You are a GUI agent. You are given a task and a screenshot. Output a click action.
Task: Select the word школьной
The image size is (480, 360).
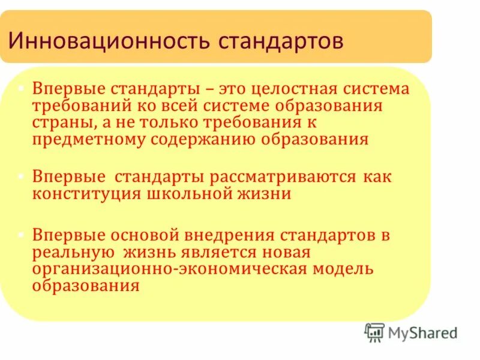point(190,194)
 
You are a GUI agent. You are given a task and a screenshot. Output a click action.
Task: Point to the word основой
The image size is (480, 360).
point(146,235)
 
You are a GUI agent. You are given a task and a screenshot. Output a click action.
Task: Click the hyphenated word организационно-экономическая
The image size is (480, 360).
point(169,268)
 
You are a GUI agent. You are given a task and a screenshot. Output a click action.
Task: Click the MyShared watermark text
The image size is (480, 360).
point(423,332)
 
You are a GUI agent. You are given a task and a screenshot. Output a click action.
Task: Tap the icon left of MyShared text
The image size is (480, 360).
point(374,332)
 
